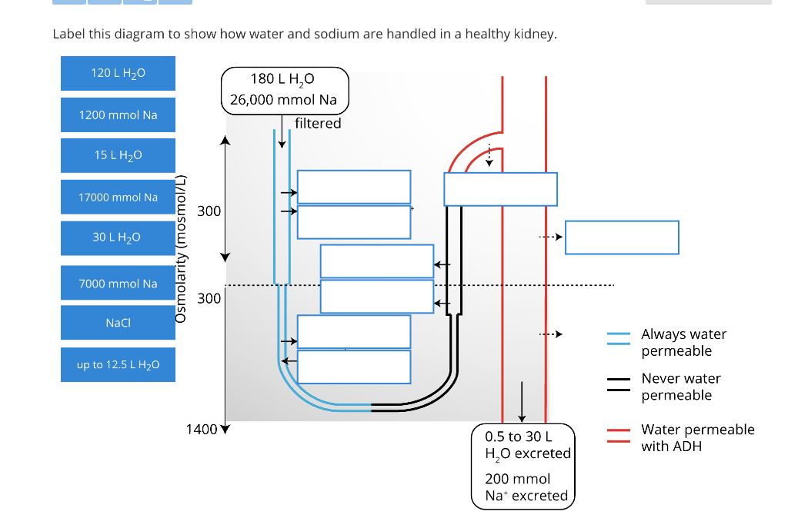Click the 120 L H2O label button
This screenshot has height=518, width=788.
pyautogui.click(x=118, y=73)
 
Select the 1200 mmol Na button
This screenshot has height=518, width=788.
pyautogui.click(x=118, y=115)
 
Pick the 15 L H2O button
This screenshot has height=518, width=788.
pyautogui.click(x=118, y=155)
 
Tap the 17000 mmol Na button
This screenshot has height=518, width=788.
pyautogui.click(x=118, y=198)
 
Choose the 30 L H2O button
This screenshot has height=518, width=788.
pyautogui.click(x=118, y=237)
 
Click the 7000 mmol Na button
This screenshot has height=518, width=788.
pyautogui.click(x=118, y=284)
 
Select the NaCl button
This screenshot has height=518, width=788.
pyautogui.click(x=118, y=323)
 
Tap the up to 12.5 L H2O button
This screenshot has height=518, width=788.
pyautogui.click(x=118, y=364)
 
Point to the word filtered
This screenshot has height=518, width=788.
pyautogui.click(x=318, y=123)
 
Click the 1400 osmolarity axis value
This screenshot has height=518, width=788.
pyautogui.click(x=202, y=429)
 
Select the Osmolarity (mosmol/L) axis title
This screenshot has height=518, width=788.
pyautogui.click(x=181, y=247)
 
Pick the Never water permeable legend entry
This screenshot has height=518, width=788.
pyautogui.click(x=681, y=387)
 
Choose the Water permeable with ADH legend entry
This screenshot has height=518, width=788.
pyautogui.click(x=697, y=437)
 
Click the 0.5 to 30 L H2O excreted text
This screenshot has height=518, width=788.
pyautogui.click(x=527, y=444)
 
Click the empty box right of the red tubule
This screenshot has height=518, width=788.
pyautogui.click(x=622, y=237)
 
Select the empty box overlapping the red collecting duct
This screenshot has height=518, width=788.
pyautogui.click(x=500, y=189)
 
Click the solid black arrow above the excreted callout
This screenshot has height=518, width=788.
pyautogui.click(x=522, y=400)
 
